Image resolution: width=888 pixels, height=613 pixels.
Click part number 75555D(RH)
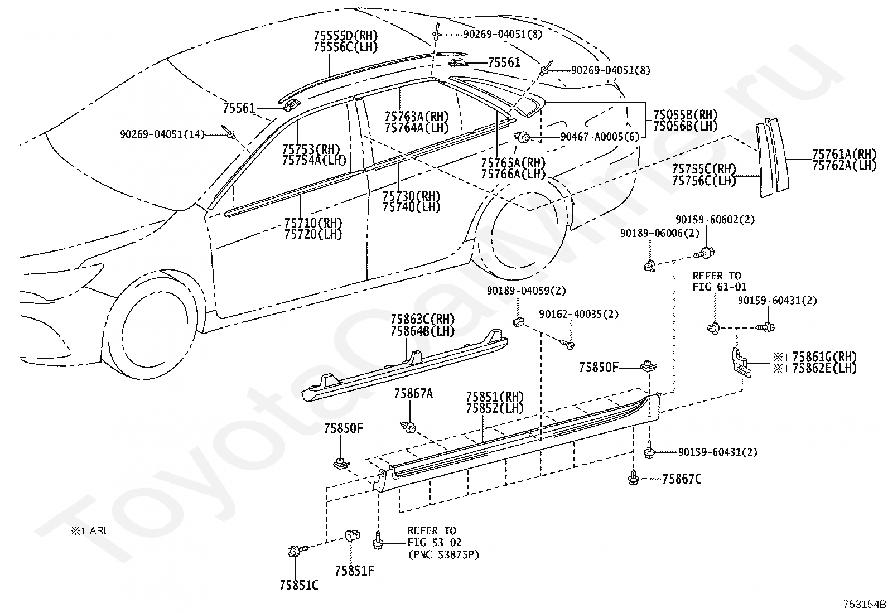coord(346,36)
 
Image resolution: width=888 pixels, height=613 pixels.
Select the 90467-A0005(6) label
coord(600,137)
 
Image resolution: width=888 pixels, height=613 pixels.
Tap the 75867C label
coord(682,479)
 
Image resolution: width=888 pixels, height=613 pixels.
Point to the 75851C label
coord(299,585)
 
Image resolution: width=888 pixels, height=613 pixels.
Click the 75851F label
coord(354,571)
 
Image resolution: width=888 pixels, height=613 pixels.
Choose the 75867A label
coord(413,394)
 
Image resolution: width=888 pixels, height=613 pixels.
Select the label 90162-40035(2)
coord(578,315)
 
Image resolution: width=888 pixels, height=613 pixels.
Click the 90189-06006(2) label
coord(660,233)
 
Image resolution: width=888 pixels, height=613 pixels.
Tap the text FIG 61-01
coord(720,287)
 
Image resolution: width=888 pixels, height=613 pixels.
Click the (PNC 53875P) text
coord(443,554)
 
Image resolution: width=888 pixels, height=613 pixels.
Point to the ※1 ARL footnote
coord(90,530)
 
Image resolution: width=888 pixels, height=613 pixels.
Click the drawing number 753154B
coord(864,604)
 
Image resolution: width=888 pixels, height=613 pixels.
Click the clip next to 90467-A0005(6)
coord(523,138)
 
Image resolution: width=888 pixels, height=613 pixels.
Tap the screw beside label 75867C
coord(634,478)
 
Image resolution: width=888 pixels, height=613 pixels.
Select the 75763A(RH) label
coord(417,117)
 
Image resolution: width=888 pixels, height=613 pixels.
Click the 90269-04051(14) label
coord(162,134)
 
